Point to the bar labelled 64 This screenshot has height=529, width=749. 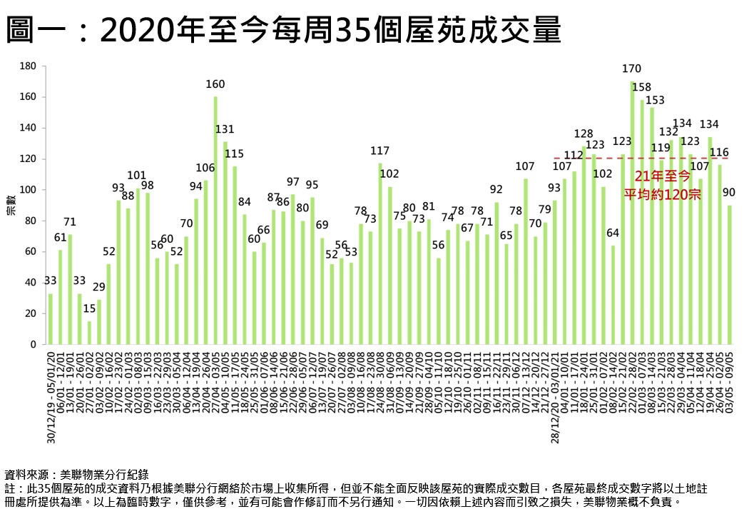click(613, 295)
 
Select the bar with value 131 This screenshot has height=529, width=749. click(225, 243)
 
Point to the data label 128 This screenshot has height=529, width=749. click(584, 133)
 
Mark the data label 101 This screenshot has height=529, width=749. click(137, 175)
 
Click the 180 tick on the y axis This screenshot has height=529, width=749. click(29, 66)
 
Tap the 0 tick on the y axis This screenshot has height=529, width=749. click(34, 345)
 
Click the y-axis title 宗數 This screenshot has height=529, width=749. click(11, 206)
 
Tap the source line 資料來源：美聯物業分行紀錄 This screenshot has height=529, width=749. click(76, 474)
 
